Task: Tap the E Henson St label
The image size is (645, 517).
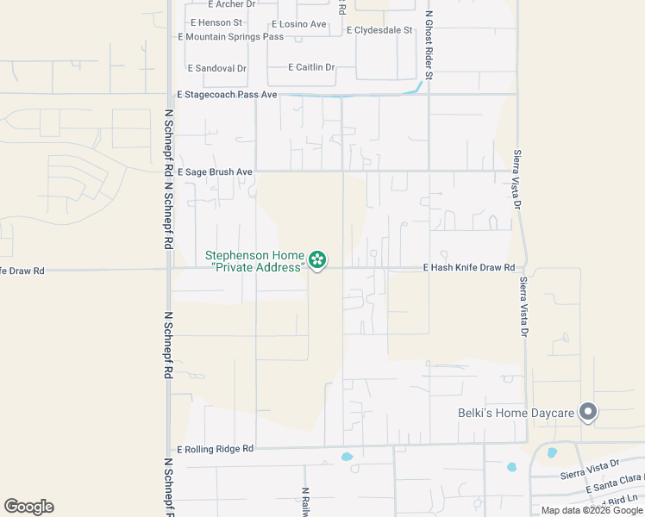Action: tap(214, 22)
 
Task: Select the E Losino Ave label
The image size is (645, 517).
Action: tap(298, 24)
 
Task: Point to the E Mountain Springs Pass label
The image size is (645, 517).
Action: tap(230, 37)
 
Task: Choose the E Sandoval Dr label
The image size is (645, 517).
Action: tap(217, 68)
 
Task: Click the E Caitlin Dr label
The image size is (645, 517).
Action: tap(311, 67)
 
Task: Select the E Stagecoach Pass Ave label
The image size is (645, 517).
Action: tap(227, 94)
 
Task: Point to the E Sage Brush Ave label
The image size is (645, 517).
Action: tap(215, 172)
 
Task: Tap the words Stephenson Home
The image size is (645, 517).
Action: tap(254, 256)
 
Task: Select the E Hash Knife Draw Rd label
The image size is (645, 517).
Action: tap(468, 268)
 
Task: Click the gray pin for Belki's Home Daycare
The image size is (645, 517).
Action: tap(588, 413)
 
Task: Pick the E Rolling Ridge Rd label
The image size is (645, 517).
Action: tap(216, 449)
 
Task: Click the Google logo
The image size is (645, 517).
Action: tap(28, 507)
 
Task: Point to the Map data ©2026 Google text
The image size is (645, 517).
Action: tap(592, 510)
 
